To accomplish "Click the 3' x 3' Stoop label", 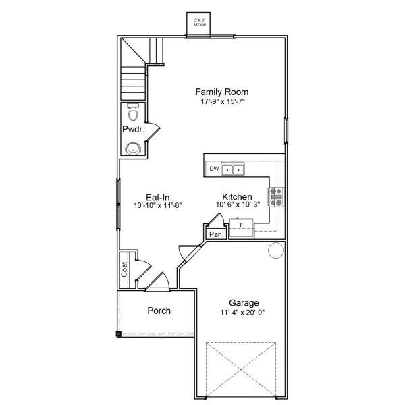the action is pos(199,22).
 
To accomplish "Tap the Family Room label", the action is pos(222,92).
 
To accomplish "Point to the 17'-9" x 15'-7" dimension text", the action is pos(222,101).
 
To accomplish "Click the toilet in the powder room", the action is pos(133,112).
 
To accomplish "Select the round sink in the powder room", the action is pos(133,148).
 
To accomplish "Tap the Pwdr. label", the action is pos(133,129).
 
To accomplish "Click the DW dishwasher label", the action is pos(214,169).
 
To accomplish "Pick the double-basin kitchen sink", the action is pos(233,169).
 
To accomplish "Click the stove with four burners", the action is pos(276,197).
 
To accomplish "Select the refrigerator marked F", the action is pos(242,228).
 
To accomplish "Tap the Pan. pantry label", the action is pos(217,234).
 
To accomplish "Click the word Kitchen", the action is pos(237,197).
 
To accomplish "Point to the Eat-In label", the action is pos(158,198).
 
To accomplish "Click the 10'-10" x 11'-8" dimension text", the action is pos(158,206).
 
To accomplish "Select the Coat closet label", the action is pos(124,269).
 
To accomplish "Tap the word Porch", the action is pos(159,310).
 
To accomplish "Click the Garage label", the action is pos(244,303).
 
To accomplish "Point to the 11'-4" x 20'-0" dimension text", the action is pos(242,313).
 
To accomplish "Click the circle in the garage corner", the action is pos(276,250).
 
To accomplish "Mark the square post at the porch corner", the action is pos(118,334).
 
